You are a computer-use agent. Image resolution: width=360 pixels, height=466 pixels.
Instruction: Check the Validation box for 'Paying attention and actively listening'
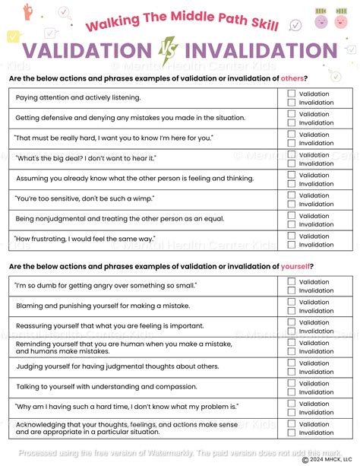point(292,94)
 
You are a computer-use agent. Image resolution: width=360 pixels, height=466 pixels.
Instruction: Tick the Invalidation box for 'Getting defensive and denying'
point(292,122)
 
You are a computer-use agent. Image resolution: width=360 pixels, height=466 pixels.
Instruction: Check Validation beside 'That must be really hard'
point(292,135)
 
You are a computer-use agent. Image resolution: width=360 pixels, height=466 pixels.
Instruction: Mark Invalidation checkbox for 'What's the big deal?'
point(292,163)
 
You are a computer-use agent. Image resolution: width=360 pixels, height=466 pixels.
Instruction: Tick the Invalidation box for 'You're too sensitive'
point(292,204)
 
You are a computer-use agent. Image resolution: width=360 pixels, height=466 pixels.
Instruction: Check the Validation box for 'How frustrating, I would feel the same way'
point(292,236)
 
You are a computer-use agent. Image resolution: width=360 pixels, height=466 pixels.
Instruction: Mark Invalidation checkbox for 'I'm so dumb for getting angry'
point(292,291)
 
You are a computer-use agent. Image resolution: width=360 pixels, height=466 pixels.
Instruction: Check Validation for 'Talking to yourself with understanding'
point(292,383)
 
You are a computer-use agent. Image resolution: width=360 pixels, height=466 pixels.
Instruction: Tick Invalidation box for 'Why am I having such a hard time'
point(292,413)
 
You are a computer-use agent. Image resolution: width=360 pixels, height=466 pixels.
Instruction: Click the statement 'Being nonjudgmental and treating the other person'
point(129,220)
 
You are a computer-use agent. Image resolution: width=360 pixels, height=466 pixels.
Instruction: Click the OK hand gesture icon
point(29,10)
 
